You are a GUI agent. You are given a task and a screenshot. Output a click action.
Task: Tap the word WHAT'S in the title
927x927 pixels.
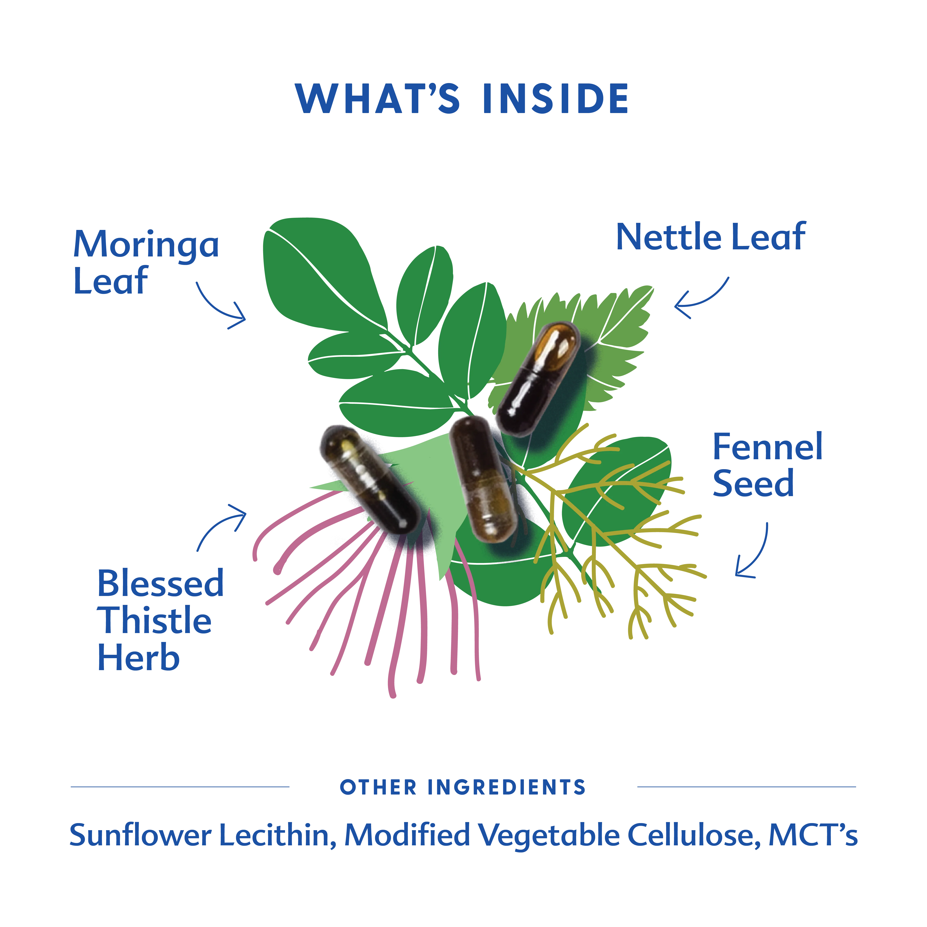coord(378,98)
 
